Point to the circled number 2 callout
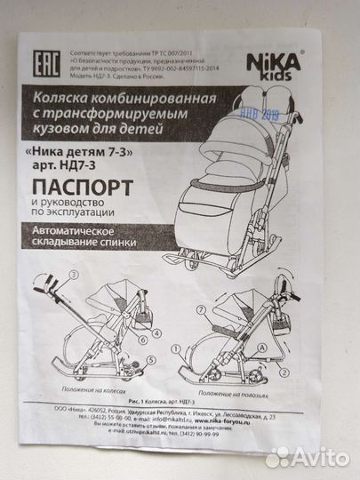click(282, 374)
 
